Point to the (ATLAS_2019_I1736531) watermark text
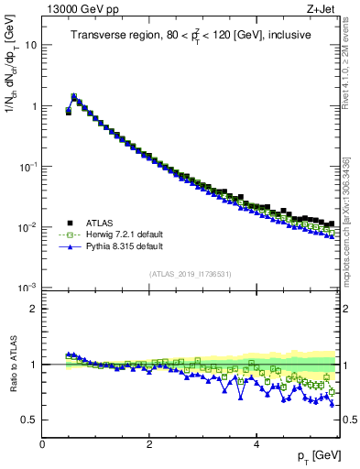(190, 274)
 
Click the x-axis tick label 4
(256, 444)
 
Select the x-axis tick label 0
(42, 444)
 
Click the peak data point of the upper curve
(74, 95)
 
